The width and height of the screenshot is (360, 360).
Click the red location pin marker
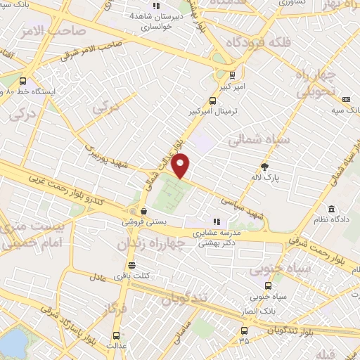tap(181, 165)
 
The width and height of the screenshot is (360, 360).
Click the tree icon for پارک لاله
tap(265, 167)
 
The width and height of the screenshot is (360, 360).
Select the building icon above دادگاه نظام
tap(331, 210)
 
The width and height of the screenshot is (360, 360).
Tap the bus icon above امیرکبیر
tap(233, 75)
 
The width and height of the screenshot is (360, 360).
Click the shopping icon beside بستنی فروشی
tap(143, 210)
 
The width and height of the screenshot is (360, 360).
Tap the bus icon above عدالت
tap(117, 336)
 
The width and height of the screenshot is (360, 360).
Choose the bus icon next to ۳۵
tap(243, 329)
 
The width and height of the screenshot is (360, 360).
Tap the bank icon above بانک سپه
tap(345, 100)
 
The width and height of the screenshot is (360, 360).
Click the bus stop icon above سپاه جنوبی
tap(268, 285)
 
